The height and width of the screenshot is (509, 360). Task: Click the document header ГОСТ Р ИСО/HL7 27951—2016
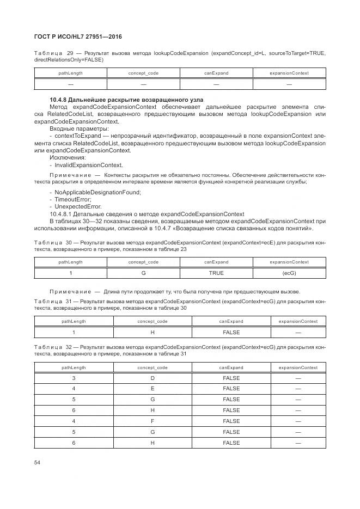coord(78,36)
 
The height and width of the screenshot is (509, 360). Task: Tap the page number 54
coord(37,463)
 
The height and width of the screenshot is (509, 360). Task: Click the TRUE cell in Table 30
coord(216,273)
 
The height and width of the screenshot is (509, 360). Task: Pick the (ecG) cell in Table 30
coord(289,273)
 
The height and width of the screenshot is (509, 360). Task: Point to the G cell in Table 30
coord(143,273)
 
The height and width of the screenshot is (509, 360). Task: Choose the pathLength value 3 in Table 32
coord(74,377)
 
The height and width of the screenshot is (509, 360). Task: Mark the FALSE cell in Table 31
coord(231,332)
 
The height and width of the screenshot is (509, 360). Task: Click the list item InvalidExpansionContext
coord(88,165)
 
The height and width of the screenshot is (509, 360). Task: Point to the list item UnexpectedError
coord(78,206)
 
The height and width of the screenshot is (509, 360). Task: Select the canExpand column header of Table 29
coord(216,73)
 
